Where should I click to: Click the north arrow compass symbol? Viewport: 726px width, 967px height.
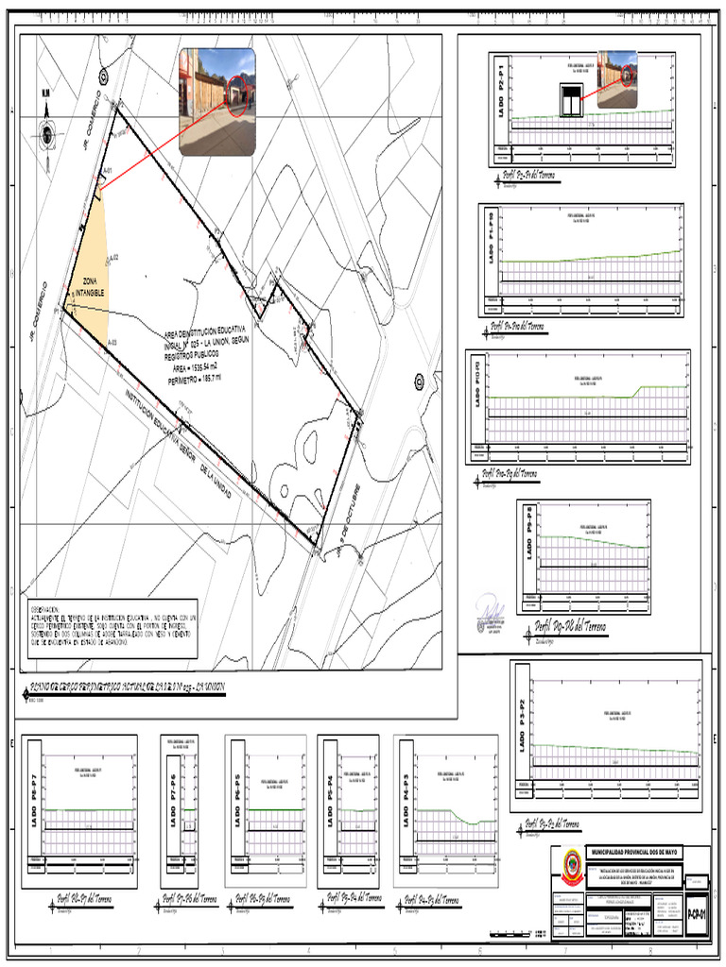pos(45,132)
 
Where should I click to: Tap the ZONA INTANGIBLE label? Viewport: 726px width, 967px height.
pos(93,289)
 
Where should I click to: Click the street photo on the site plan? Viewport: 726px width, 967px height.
pos(216,101)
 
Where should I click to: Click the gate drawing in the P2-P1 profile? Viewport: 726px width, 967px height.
pos(570,100)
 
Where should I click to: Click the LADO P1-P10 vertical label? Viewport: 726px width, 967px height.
pos(491,240)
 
